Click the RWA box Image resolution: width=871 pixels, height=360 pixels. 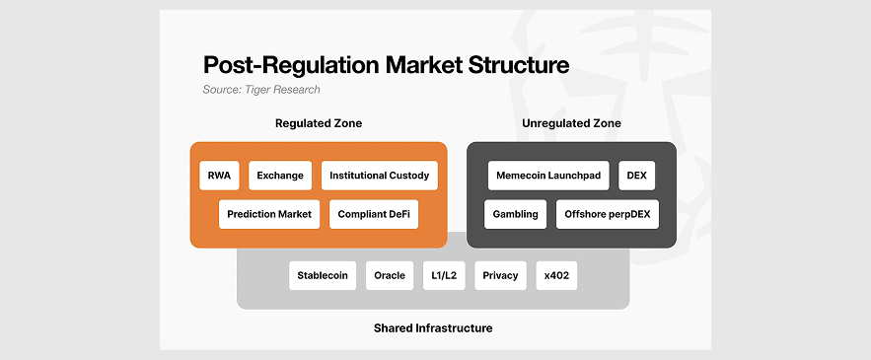pyautogui.click(x=219, y=176)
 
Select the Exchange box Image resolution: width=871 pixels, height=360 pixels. pyautogui.click(x=280, y=176)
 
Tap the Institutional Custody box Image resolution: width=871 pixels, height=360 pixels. pyautogui.click(x=380, y=176)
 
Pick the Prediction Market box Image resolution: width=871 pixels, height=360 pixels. pyautogui.click(x=269, y=214)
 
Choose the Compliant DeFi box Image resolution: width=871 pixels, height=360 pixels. pyautogui.click(x=374, y=214)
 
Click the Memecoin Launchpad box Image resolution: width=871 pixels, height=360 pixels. pyautogui.click(x=548, y=176)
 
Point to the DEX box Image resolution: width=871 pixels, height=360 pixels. pyautogui.click(x=636, y=176)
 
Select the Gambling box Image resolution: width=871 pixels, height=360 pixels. pyautogui.click(x=516, y=214)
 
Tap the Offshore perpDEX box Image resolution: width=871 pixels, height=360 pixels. pyautogui.click(x=608, y=214)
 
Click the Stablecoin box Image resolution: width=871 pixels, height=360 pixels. pyautogui.click(x=323, y=275)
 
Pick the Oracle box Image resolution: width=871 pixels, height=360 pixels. pyautogui.click(x=390, y=275)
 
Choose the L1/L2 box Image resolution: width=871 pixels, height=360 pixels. pyautogui.click(x=444, y=275)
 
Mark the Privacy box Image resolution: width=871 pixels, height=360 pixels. pyautogui.click(x=500, y=275)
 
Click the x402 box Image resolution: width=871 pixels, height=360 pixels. pyautogui.click(x=556, y=275)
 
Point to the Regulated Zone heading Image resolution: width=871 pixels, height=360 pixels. pyautogui.click(x=319, y=123)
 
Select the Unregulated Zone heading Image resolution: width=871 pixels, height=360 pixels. pyautogui.click(x=571, y=123)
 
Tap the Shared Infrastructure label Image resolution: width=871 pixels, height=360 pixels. pyautogui.click(x=433, y=327)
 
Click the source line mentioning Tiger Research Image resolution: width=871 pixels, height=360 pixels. pyautogui.click(x=261, y=90)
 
